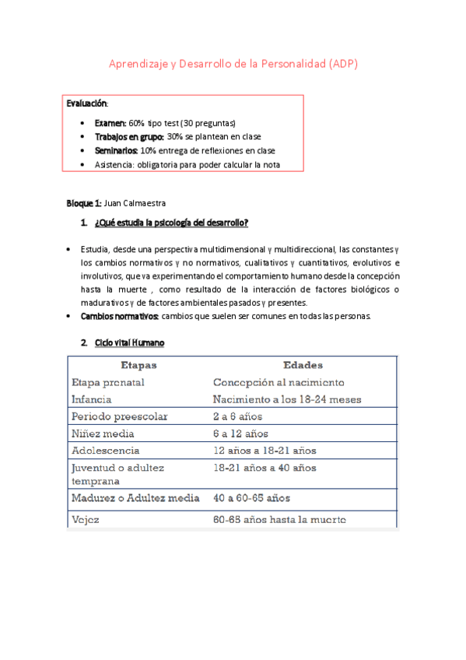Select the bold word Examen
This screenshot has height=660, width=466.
pos(110,123)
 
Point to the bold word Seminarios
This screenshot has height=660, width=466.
pos(116,150)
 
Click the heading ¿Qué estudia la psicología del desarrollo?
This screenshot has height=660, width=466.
pos(170,224)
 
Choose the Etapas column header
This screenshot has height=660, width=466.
pos(138,364)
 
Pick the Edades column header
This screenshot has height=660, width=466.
pos(303,364)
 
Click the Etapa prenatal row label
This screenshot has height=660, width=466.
pos(107,382)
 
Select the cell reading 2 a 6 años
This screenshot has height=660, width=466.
pos(240,416)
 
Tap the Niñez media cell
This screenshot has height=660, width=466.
pos(103,434)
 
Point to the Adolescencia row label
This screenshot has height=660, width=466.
pos(106,451)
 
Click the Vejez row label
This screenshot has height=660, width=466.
pos(86,519)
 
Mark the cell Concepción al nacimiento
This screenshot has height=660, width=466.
pos(279,382)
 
